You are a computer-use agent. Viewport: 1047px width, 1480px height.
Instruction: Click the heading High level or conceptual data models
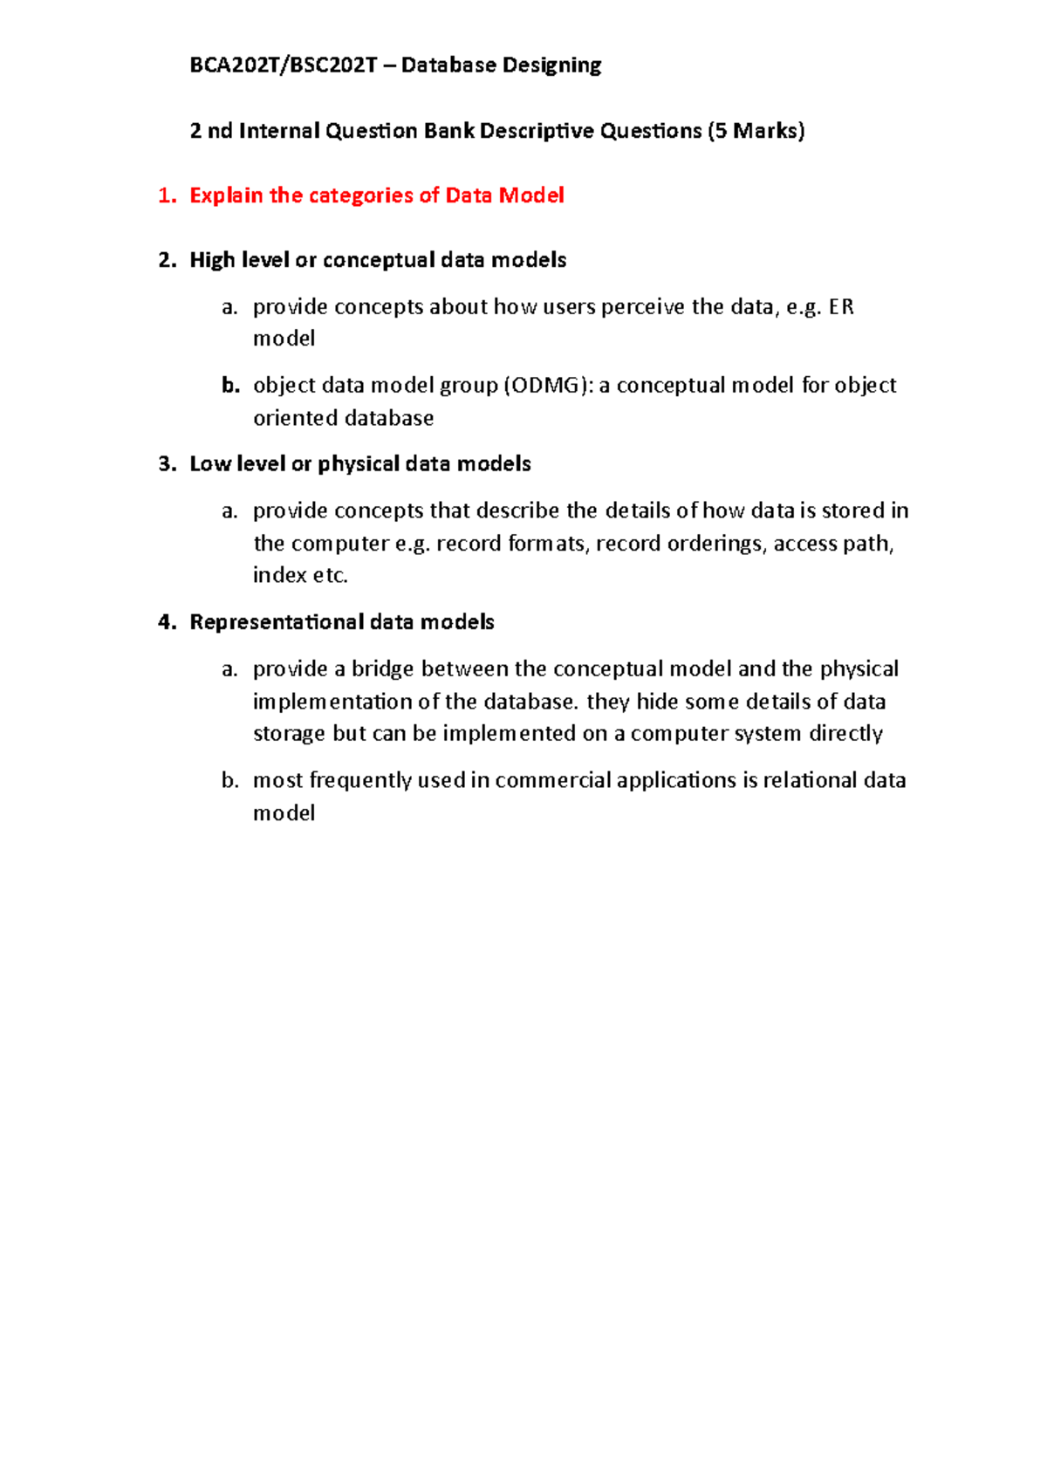point(378,260)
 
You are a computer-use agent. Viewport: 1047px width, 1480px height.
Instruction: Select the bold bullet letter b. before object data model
point(229,386)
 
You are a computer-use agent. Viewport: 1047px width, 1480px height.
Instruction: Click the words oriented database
point(343,418)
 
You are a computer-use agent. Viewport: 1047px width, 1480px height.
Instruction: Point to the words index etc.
point(300,575)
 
